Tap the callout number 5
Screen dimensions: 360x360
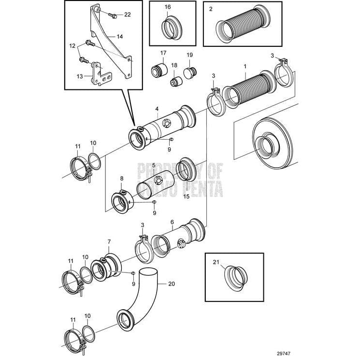click(153, 165)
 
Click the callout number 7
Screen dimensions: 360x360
click(109, 241)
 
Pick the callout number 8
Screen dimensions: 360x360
click(121, 178)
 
